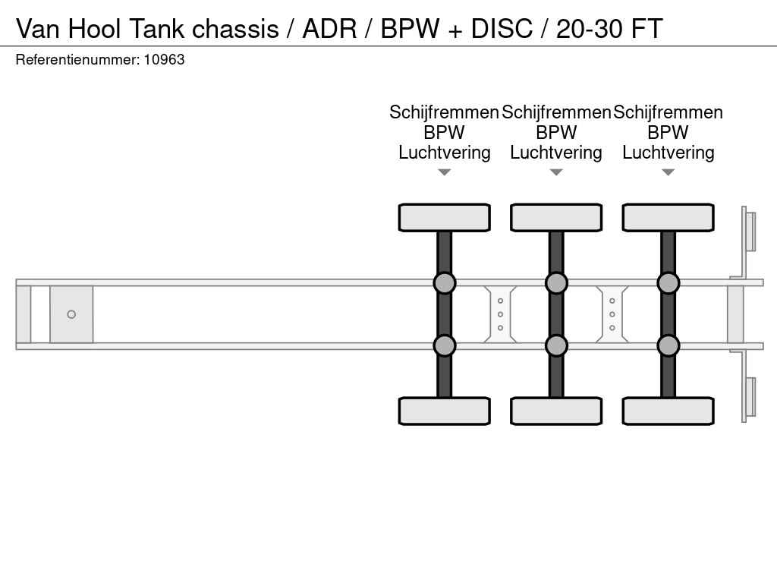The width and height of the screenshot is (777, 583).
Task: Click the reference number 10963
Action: click(x=164, y=59)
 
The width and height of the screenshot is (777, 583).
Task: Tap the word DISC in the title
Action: click(x=502, y=29)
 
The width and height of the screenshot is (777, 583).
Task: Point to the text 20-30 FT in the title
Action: click(x=609, y=29)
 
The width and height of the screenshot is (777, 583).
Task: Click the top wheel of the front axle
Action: click(x=444, y=217)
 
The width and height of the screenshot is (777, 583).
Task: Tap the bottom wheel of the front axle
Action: click(x=444, y=411)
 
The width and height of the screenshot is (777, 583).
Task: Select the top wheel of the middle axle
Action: click(x=556, y=217)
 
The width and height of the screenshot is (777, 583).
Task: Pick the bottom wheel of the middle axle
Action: click(x=556, y=411)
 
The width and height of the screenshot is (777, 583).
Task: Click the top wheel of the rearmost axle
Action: click(x=668, y=217)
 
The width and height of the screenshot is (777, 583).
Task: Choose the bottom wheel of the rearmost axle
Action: click(x=668, y=411)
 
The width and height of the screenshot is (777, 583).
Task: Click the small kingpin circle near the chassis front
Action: click(x=71, y=314)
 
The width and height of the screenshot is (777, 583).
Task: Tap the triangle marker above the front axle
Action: click(x=445, y=172)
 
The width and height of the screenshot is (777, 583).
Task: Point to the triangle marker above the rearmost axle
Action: click(x=668, y=172)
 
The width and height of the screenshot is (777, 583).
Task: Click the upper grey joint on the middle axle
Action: click(x=556, y=283)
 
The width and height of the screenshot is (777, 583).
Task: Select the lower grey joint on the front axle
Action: click(x=444, y=345)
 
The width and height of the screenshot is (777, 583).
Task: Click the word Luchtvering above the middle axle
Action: click(x=556, y=153)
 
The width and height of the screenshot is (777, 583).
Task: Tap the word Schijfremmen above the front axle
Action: click(x=444, y=112)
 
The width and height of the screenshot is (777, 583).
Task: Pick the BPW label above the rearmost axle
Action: click(x=668, y=132)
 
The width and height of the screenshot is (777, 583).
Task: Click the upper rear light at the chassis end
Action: click(x=750, y=231)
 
